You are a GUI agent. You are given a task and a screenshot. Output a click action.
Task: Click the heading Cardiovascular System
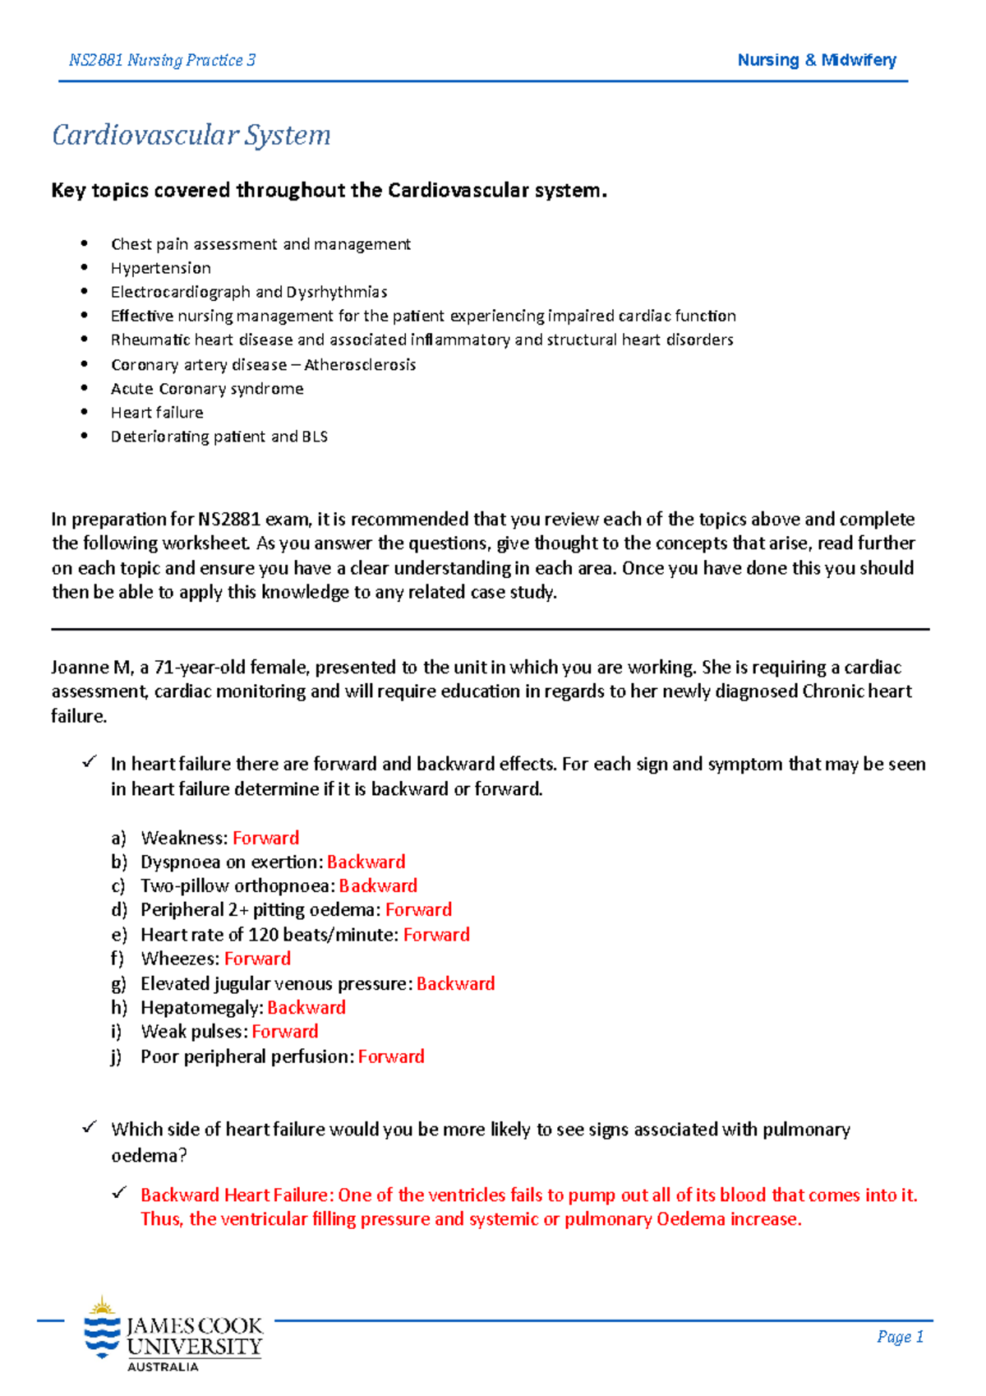pos(191,135)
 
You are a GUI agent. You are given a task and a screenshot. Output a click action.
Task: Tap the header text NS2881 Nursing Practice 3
pos(162,60)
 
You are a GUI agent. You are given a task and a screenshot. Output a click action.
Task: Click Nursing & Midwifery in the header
pos(816,60)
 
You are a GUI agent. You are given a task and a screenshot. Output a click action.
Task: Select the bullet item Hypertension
pos(160,268)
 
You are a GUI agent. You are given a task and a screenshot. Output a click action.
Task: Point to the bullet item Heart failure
pos(157,413)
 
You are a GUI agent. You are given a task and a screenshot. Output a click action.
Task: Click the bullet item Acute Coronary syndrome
pos(207,389)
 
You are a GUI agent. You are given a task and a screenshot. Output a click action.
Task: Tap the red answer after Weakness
pos(265,838)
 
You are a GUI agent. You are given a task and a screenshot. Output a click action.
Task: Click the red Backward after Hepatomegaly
pos(306,1008)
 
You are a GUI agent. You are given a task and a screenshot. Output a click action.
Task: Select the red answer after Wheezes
pos(257,959)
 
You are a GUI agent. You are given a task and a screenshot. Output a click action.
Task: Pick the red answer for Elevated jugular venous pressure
pos(455,984)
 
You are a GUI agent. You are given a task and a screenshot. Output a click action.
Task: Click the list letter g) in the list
pos(118,984)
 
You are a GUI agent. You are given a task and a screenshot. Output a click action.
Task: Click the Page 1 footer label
pos(900,1337)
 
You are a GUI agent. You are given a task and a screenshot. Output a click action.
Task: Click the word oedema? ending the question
pos(149,1156)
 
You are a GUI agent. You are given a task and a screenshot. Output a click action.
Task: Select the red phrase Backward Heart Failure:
pos(237,1195)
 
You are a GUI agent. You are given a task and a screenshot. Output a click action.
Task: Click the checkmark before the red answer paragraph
pos(120,1193)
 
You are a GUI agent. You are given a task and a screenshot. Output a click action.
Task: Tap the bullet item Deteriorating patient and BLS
pos(219,437)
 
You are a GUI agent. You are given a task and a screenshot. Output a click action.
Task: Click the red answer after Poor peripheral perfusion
pos(391,1056)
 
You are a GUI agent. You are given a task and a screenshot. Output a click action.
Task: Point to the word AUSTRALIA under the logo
pos(163,1366)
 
